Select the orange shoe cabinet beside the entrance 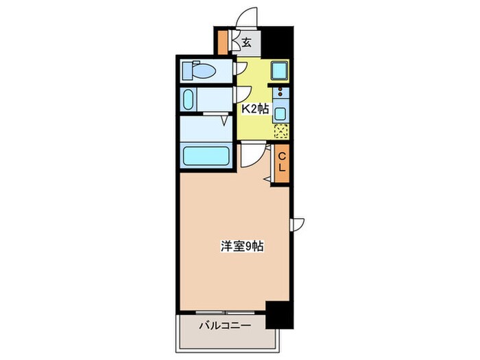[x=222, y=43]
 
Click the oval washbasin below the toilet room [x=189, y=99]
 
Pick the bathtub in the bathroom [x=205, y=156]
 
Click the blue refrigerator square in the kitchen [x=279, y=71]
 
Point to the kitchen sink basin [x=281, y=112]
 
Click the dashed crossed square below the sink [x=281, y=131]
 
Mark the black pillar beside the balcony [x=278, y=316]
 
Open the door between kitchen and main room [x=252, y=155]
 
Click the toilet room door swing [x=241, y=67]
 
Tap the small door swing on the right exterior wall [x=299, y=224]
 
